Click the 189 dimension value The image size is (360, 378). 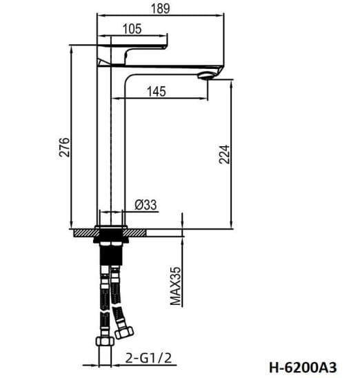161,8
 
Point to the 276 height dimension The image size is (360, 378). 64,147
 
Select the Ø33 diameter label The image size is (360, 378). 146,205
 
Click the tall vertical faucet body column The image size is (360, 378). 110,152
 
